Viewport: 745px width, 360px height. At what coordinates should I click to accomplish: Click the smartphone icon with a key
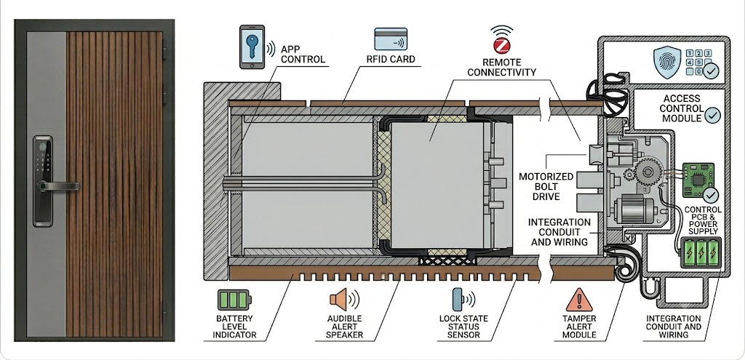(252, 47)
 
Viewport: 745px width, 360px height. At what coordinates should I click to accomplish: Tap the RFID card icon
(391, 39)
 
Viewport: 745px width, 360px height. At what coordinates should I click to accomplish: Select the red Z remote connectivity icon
(502, 46)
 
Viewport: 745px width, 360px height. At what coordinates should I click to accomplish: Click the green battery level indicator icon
(234, 300)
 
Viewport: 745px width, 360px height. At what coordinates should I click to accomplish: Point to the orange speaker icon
(339, 300)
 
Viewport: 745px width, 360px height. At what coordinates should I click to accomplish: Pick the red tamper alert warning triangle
(578, 300)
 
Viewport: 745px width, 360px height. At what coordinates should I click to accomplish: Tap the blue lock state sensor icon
(457, 299)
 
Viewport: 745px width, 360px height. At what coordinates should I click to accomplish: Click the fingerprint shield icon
(667, 63)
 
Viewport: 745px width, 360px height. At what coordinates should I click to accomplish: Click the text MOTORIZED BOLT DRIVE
(539, 185)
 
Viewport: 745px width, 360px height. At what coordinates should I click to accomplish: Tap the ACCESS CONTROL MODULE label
(682, 108)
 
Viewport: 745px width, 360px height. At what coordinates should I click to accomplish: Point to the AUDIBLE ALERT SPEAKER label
(344, 327)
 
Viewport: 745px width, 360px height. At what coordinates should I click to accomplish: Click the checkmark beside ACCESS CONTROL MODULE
(712, 116)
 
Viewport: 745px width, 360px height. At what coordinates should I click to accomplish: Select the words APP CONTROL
(303, 54)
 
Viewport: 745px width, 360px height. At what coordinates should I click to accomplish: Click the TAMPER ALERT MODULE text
(579, 327)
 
